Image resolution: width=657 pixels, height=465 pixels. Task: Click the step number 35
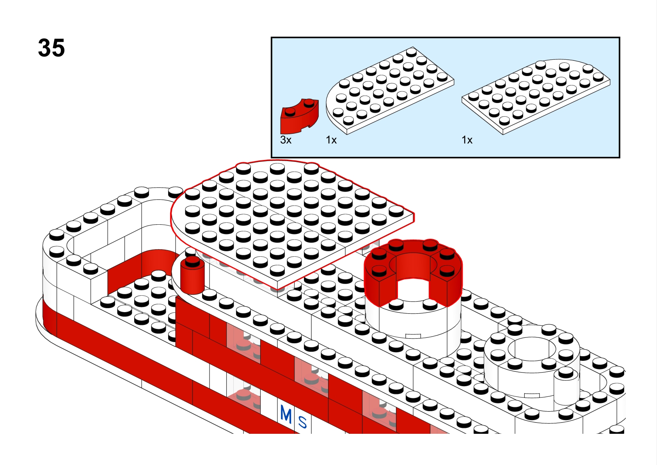[51, 48]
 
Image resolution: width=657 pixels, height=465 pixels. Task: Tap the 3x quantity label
[286, 140]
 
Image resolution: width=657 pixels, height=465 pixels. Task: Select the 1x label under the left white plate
[331, 140]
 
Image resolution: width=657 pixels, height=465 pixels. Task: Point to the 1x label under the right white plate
[467, 140]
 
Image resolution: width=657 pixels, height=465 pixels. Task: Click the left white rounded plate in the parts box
[390, 91]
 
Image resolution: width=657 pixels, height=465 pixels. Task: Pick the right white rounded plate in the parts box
[536, 97]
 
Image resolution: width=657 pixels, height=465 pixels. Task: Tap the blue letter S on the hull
[302, 422]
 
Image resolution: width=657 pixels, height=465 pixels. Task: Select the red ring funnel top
[413, 273]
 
